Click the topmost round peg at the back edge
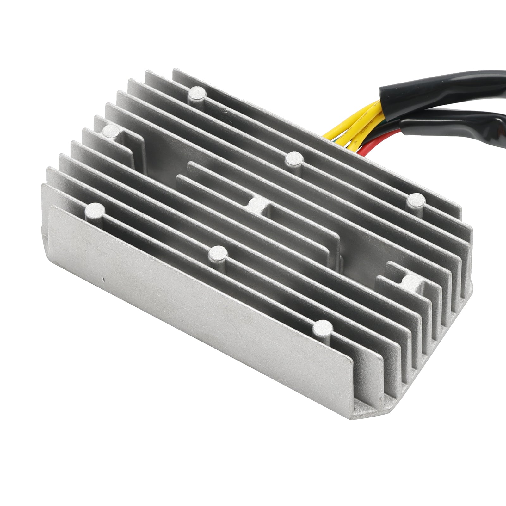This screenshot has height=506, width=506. [196, 93]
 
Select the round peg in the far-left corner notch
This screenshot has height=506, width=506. [111, 130]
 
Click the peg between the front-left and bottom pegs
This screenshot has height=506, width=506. [218, 253]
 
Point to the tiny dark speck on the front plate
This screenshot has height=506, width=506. [103, 279]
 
